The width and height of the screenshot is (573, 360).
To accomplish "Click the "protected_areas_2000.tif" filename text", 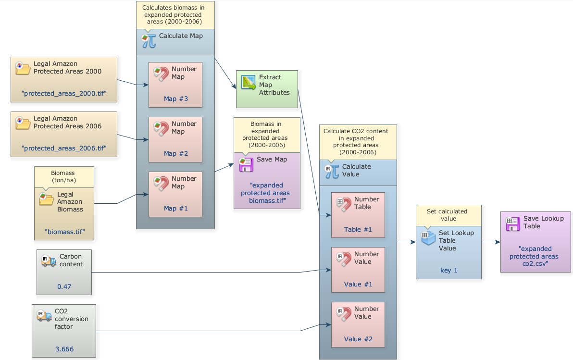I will [x=64, y=93].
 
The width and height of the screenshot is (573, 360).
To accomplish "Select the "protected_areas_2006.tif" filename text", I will [x=64, y=148].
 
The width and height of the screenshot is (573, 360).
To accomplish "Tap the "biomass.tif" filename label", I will [x=64, y=231].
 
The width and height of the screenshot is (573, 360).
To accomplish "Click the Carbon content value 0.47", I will [x=64, y=286].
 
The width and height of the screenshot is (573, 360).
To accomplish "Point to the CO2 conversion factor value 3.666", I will [x=64, y=349].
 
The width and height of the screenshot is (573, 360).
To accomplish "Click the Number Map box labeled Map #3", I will [x=175, y=85].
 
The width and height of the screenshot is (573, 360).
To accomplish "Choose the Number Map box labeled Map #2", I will [x=175, y=139].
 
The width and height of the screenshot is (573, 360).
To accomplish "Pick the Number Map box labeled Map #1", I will [x=175, y=194].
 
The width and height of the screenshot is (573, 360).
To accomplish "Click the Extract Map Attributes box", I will [x=267, y=89].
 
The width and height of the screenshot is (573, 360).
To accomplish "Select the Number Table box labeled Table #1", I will [x=358, y=215].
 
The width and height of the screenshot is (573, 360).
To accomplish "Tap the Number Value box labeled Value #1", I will [x=358, y=270].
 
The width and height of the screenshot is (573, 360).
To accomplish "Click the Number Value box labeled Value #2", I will [x=358, y=324].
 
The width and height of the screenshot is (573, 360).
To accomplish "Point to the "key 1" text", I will [x=448, y=270].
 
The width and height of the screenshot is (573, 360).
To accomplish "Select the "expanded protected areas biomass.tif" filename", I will [x=267, y=193].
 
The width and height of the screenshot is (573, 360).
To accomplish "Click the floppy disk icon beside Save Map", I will [x=246, y=164].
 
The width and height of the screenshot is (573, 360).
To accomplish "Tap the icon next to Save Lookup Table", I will [x=513, y=223].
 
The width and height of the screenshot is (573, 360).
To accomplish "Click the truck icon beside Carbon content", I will [x=49, y=261].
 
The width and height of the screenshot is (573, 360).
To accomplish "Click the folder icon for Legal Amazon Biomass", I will [x=47, y=199].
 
